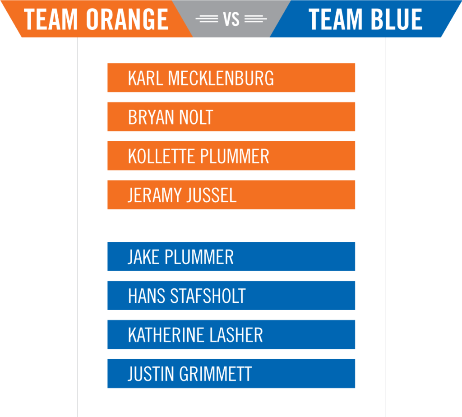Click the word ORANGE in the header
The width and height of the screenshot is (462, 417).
coord(127,19)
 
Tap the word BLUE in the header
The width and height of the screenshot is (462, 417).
coord(396,19)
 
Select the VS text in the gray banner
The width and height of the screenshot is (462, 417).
coord(231,19)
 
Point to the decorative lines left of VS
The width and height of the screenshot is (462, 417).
coord(207,19)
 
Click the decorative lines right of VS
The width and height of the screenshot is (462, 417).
coord(256,19)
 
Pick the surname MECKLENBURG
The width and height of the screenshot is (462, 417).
coord(221,78)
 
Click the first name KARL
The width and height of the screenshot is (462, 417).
coord(146,78)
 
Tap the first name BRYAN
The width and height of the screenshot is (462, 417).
coord(151,117)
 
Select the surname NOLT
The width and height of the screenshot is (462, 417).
coord(196,117)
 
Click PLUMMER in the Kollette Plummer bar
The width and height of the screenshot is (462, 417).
coord(234,156)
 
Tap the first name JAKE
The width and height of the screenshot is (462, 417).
coord(143,257)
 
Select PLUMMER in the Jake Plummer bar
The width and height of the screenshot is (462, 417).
coord(199,257)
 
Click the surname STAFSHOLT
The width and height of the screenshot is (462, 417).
coord(208,296)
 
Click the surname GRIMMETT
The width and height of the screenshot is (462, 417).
coord(215,374)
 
